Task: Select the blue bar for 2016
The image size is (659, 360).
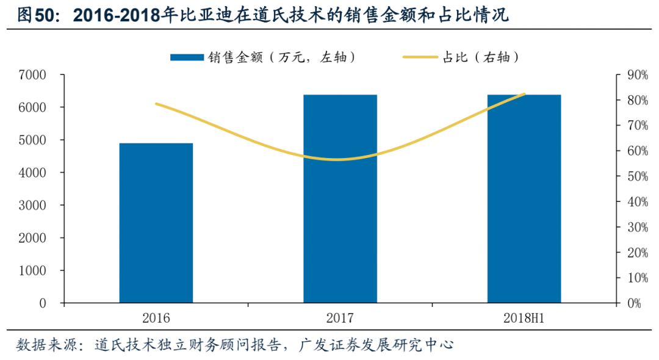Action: [156, 223]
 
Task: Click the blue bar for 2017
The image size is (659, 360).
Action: [340, 198]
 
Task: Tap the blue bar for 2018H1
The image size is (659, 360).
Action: [524, 198]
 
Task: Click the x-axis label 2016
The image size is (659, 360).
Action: [156, 318]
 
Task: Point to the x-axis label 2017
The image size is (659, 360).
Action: [340, 318]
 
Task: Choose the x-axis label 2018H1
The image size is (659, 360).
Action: [524, 318]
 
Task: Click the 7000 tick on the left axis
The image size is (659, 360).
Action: [34, 75]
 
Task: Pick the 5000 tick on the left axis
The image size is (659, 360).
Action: [34, 140]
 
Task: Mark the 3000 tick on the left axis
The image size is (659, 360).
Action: [34, 206]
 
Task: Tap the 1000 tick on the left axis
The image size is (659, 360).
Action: [34, 270]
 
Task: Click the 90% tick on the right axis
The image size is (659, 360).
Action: [633, 75]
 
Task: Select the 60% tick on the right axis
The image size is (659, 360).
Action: [633, 151]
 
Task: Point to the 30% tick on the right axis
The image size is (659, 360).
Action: [633, 227]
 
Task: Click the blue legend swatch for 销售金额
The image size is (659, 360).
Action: [187, 57]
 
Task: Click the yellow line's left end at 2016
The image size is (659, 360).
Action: [157, 104]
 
